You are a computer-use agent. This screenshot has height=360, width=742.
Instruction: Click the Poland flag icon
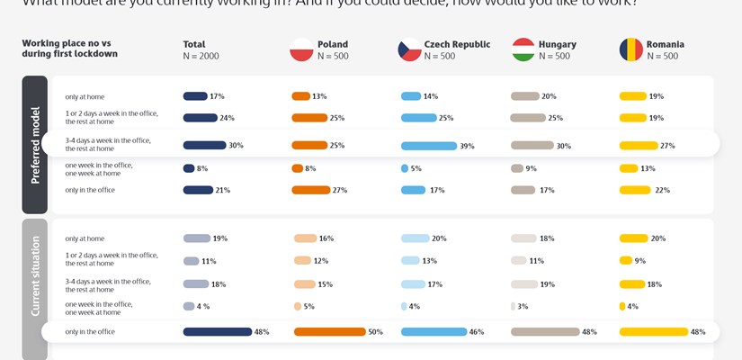pos(301,49)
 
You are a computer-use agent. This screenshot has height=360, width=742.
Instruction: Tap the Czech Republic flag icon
pos(410,49)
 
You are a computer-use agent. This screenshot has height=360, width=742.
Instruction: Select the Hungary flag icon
pos(523,49)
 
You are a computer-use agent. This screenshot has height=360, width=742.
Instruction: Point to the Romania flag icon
pos(630,49)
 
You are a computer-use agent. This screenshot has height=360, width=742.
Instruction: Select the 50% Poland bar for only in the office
pos(329,331)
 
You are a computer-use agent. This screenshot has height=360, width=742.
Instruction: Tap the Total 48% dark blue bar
pos(217,331)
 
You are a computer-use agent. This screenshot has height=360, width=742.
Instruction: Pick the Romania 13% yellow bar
pos(628,167)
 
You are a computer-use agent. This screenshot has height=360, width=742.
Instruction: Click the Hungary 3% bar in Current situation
pos(513,306)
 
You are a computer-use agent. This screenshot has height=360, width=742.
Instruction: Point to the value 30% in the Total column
pos(237,146)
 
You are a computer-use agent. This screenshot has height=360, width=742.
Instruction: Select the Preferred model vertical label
pos(35,144)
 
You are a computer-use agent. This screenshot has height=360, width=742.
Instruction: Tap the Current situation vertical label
pos(35,276)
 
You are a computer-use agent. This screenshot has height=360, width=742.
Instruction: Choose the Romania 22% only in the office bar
pos(635,190)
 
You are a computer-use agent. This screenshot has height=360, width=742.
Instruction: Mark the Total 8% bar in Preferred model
pos(189,167)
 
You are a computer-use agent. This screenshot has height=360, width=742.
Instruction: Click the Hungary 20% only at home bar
pos(524,96)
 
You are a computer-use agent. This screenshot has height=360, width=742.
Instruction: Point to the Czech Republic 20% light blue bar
pos(415,238)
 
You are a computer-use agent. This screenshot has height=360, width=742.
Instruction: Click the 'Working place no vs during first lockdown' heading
pos(69,49)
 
